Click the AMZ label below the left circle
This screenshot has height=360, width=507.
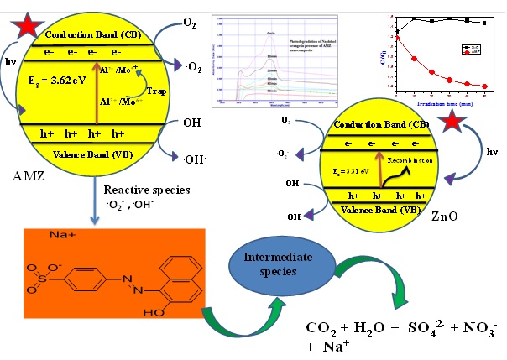[24, 179]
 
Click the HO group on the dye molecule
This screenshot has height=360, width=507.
[152, 331]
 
